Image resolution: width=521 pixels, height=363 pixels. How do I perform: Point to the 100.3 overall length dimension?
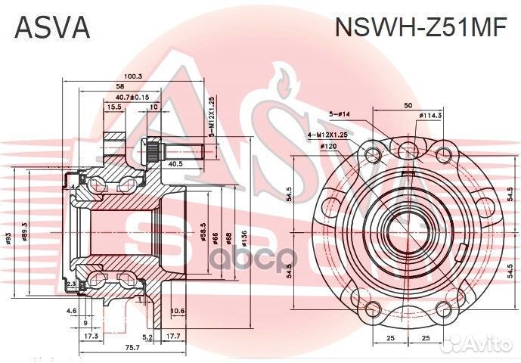pos(134,76)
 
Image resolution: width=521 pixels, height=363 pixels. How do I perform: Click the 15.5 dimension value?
pos(114,107)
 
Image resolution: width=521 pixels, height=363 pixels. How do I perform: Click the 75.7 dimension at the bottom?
pos(132,348)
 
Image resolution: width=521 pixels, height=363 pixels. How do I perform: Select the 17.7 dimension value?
pos(172,337)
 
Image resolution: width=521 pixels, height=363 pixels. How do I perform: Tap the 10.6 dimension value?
pos(178,311)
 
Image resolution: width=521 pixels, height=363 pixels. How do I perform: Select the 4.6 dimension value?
pos(71,311)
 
